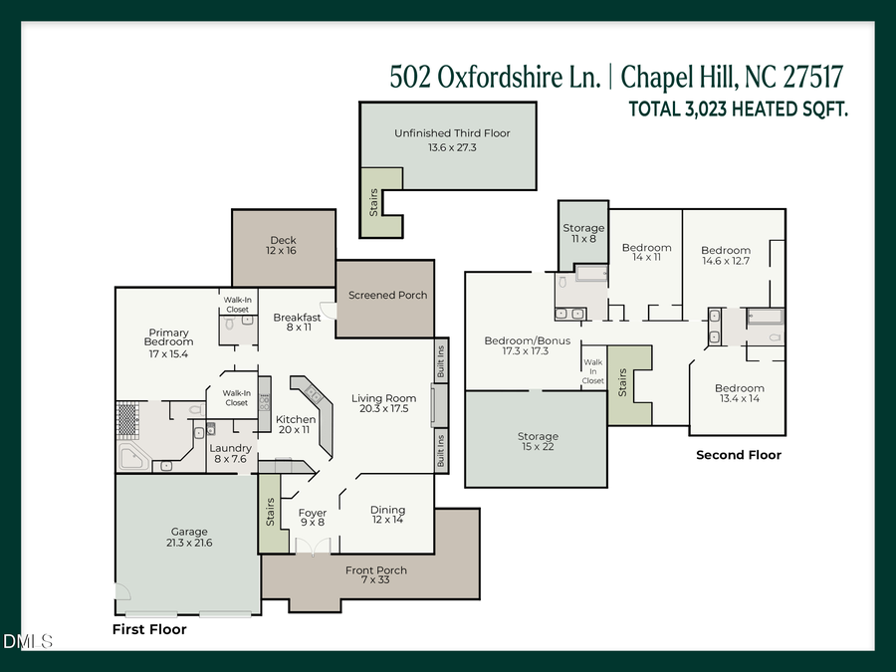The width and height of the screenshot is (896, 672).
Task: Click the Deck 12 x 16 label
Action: [x=282, y=246]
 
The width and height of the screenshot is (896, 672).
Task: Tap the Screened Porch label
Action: [x=387, y=296]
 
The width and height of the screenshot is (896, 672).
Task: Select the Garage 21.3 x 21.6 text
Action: [x=188, y=537]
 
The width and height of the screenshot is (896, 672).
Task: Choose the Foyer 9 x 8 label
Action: [x=313, y=518]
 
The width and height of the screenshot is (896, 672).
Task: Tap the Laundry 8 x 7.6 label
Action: [x=231, y=454]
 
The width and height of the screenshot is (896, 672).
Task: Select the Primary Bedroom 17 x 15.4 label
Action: [x=168, y=343]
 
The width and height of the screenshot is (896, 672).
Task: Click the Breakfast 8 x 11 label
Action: [x=298, y=323]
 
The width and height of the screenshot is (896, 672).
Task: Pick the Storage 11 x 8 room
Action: [x=583, y=234]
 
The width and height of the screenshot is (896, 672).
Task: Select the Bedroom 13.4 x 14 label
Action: [x=739, y=393]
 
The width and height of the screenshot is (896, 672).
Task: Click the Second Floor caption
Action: [x=738, y=455]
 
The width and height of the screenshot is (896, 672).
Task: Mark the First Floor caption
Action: [x=149, y=629]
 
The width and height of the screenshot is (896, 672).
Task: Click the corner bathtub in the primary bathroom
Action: [x=134, y=459]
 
